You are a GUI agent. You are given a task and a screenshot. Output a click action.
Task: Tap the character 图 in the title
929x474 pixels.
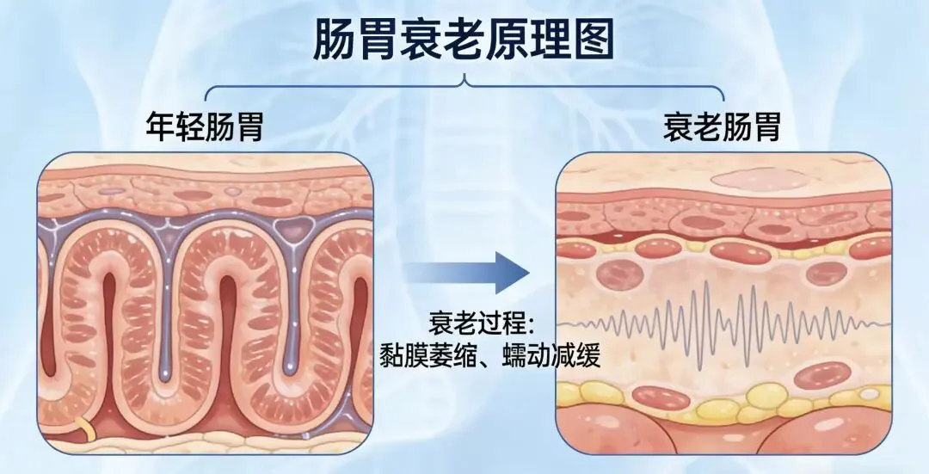pos(594,37)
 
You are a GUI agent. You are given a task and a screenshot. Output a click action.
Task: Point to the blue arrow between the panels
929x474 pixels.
pos(468,273)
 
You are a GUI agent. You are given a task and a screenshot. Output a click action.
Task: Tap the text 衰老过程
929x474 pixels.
pos(482,325)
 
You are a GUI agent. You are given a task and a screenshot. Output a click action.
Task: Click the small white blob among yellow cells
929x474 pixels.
pos(870,394)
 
